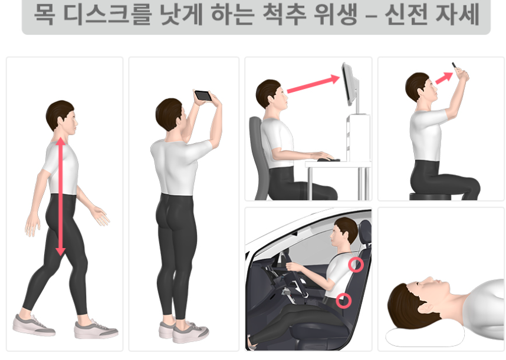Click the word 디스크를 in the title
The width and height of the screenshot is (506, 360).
point(107,14)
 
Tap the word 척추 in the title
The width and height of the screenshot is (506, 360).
point(284,14)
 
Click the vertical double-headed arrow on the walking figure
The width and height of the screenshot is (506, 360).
point(61,197)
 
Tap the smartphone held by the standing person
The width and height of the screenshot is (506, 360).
point(203,95)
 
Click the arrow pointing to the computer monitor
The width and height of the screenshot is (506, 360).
point(313,84)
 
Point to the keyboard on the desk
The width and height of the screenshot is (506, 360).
point(328,160)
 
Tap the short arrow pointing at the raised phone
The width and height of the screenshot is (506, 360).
point(444,78)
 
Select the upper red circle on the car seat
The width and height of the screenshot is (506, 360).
point(356,265)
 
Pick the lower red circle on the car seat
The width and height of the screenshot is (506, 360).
point(344,300)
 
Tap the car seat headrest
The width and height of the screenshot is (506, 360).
point(365,232)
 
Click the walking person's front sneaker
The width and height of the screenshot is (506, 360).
point(96,329)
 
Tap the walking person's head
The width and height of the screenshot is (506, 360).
point(61,116)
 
